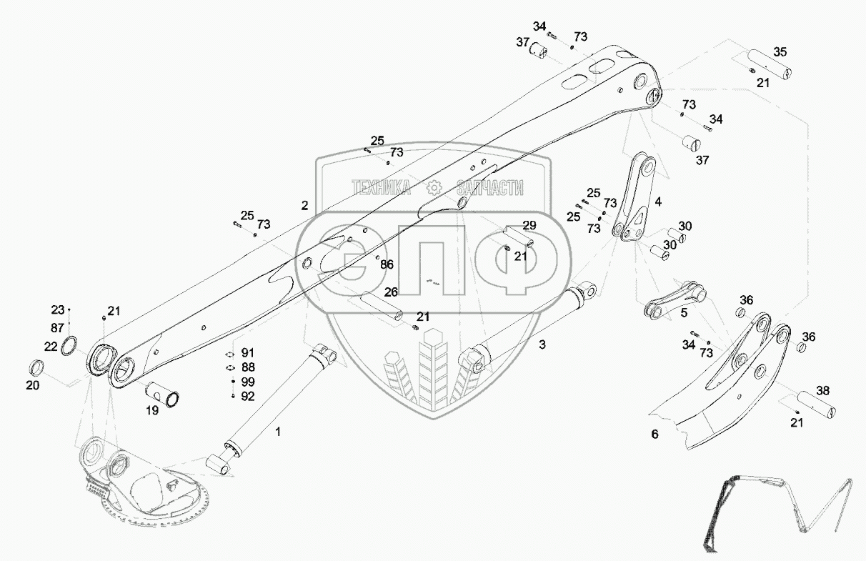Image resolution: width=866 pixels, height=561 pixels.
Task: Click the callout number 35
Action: (780, 51)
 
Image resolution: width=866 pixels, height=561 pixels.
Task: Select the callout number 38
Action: (823, 391)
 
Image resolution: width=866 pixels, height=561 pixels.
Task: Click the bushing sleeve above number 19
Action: (163, 393)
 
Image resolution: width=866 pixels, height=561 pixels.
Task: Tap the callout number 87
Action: (57, 327)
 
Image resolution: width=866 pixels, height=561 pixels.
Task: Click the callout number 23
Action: (57, 310)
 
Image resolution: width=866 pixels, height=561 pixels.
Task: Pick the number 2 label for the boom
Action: (304, 205)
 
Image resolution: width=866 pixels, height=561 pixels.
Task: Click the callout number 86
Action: (387, 264)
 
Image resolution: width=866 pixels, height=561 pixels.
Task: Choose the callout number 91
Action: (248, 353)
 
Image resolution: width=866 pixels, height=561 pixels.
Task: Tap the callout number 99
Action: (248, 382)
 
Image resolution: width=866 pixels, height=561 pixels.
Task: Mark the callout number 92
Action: (248, 395)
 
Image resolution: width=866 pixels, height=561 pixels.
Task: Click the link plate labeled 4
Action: (635, 200)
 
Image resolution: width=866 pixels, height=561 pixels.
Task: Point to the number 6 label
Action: (655, 434)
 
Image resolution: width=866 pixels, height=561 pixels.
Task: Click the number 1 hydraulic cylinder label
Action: (278, 431)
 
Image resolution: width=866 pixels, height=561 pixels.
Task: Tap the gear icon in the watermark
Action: (432, 188)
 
